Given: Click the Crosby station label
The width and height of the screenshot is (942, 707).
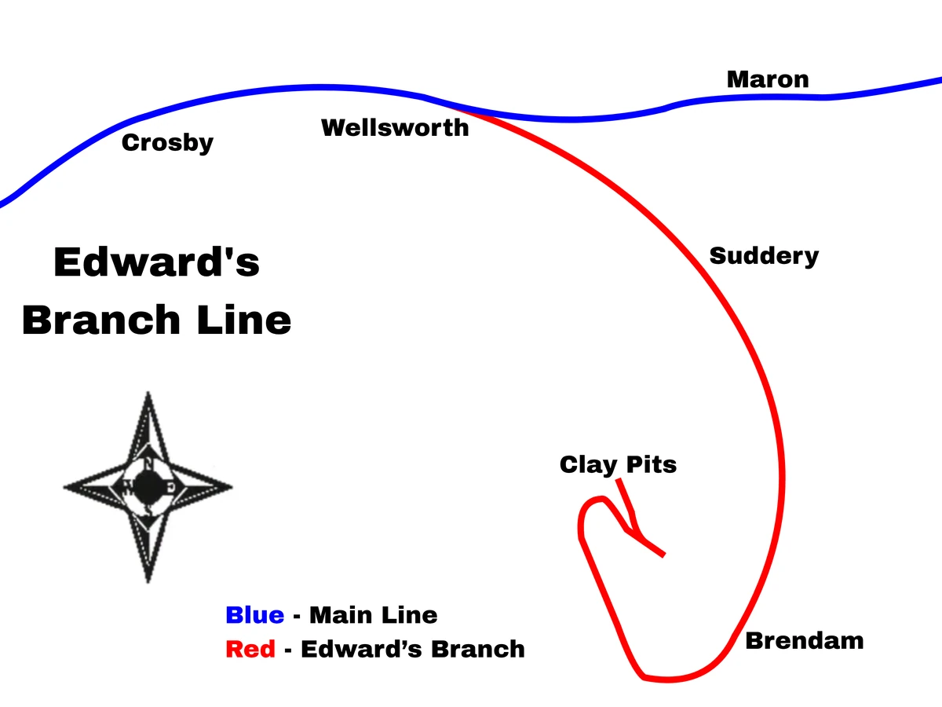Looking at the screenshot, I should (x=167, y=143).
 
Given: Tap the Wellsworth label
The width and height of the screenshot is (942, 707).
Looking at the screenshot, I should (x=395, y=127).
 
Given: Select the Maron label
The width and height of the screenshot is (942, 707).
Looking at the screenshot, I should (x=767, y=79).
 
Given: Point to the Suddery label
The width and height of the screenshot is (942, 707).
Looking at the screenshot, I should (x=764, y=256).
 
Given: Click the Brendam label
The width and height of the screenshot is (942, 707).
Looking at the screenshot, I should (x=804, y=641).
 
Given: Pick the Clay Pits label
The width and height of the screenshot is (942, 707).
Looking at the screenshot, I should (x=618, y=464).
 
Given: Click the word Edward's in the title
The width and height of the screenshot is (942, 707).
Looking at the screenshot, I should (x=156, y=262).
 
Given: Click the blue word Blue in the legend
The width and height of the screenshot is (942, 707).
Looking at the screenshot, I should (x=254, y=614).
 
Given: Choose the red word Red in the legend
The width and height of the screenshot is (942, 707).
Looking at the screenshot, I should (x=250, y=649).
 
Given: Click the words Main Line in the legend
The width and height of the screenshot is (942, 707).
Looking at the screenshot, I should (x=373, y=614).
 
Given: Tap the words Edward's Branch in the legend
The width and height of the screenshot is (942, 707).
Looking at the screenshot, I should (x=413, y=649).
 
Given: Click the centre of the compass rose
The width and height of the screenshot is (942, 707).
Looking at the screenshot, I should (x=148, y=487).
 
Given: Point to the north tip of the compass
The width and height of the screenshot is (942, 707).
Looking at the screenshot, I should (x=148, y=393).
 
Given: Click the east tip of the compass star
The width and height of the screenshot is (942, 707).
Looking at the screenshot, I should (x=232, y=487).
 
